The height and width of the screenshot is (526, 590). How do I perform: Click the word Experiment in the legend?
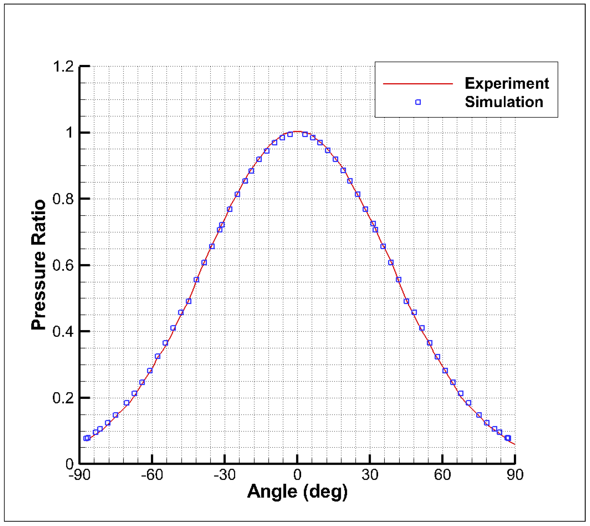(507, 83)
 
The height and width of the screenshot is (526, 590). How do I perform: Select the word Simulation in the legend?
(504, 102)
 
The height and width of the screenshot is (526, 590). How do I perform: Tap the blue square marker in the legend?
(418, 102)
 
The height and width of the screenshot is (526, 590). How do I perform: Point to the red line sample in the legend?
(418, 84)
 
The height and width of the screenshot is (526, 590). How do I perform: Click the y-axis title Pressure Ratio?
(38, 265)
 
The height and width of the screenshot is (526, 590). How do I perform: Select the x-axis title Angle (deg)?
(297, 491)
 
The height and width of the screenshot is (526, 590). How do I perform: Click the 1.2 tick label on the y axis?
(63, 67)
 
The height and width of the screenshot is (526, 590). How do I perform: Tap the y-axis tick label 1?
(69, 133)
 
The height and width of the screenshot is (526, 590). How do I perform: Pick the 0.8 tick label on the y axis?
(63, 199)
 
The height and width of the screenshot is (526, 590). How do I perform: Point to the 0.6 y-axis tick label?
(63, 265)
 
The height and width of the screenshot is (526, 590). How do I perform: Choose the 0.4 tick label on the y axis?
(63, 331)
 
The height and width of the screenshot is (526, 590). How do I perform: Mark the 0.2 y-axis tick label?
(63, 398)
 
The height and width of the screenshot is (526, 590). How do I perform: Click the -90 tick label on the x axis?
(79, 475)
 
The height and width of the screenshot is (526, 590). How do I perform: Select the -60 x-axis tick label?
(152, 475)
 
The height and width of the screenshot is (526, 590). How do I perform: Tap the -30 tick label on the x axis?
(224, 475)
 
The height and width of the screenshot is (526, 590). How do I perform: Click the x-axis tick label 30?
(370, 475)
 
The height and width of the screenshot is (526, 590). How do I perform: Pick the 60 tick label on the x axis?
(443, 475)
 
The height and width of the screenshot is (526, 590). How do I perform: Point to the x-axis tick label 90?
(515, 475)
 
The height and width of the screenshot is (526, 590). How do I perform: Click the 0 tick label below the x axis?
(297, 475)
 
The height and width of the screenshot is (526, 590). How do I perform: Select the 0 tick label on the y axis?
(70, 464)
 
